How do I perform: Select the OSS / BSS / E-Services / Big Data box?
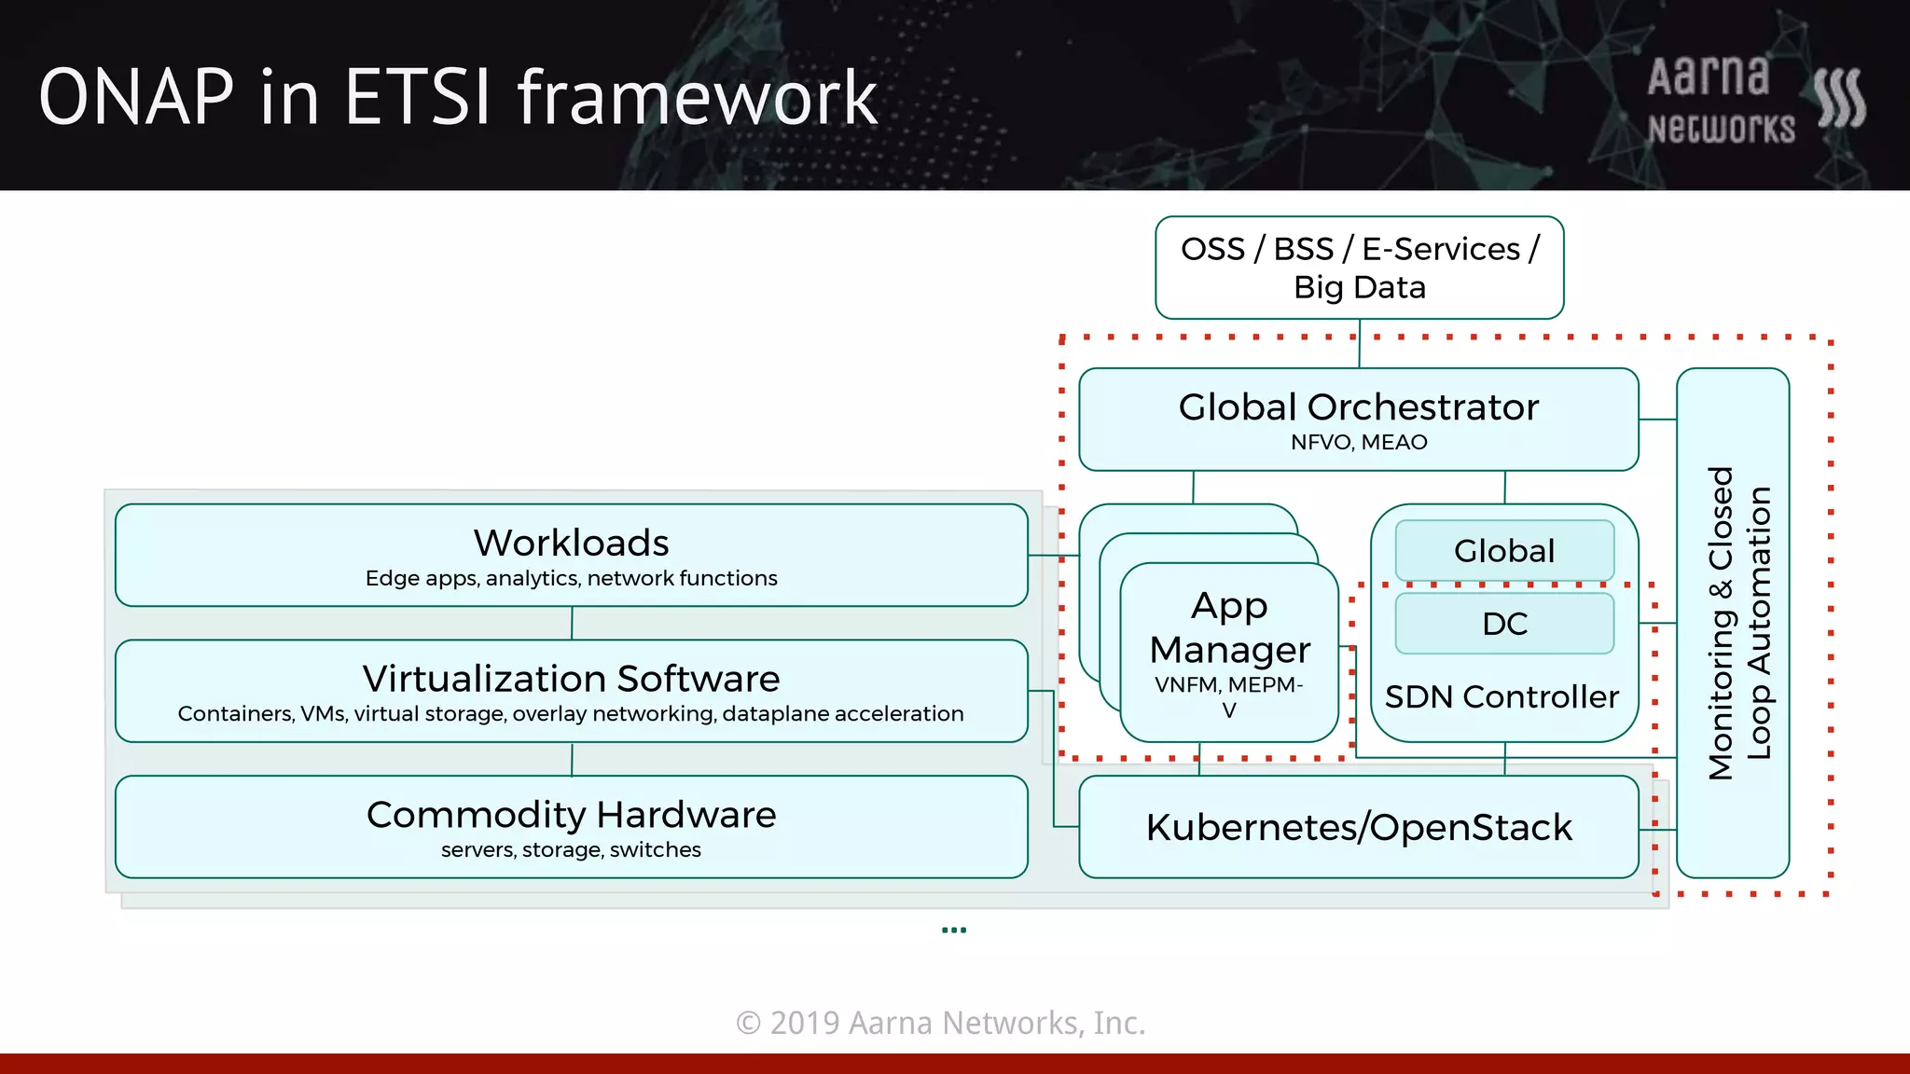coord(1359,268)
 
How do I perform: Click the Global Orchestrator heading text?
coord(1358,407)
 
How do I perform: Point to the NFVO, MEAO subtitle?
coord(1358,443)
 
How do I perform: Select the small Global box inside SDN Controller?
coord(1504,551)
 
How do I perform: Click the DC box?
coord(1504,624)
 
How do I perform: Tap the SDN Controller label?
coord(1502,697)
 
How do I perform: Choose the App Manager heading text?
coord(1229,627)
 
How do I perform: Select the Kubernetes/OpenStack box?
coord(1358,828)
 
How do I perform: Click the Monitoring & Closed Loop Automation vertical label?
coord(1738,623)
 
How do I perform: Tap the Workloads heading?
coord(571,543)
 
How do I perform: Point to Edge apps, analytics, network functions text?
coord(571,579)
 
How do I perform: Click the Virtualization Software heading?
coord(571,679)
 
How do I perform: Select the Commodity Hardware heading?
coord(571,815)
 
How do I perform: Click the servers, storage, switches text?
coord(571,850)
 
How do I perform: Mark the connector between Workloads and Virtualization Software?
coord(572,623)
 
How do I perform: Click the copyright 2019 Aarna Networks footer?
coord(940,1023)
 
